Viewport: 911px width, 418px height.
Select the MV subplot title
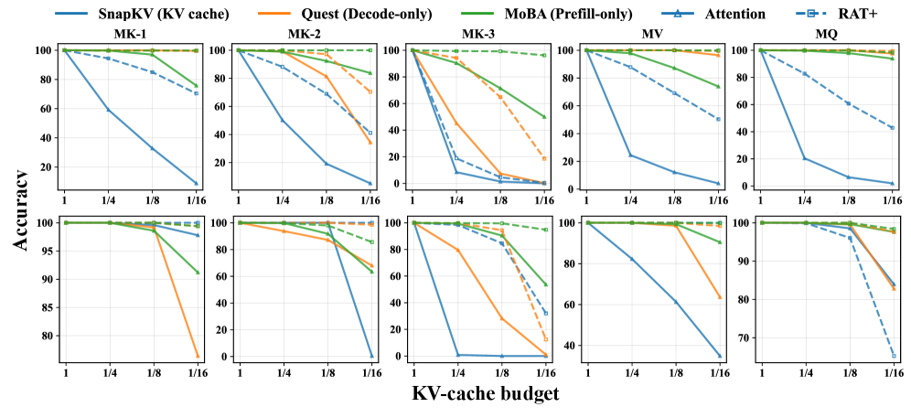tap(652, 35)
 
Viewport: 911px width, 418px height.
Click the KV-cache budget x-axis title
tap(486, 395)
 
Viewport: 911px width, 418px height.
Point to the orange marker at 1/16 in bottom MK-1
tap(197, 356)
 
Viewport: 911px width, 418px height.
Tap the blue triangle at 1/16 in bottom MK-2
tap(371, 356)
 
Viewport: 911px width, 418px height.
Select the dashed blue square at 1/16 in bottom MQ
tap(894, 356)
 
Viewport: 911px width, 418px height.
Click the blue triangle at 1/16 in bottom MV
tap(719, 356)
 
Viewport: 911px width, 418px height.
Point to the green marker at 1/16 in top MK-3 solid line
tap(544, 117)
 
